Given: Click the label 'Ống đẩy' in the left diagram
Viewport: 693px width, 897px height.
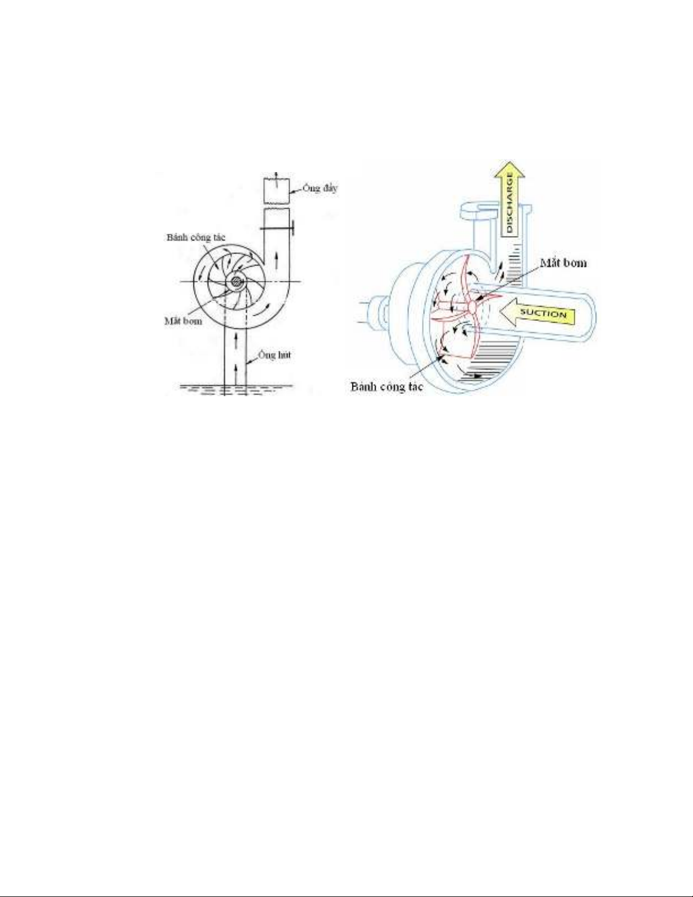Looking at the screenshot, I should (x=320, y=188).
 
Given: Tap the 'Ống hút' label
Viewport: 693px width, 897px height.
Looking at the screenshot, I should (x=274, y=355).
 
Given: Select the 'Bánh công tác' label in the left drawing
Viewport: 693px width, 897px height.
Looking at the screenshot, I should (x=196, y=237).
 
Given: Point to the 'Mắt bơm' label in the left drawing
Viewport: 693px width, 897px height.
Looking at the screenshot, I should (x=183, y=321).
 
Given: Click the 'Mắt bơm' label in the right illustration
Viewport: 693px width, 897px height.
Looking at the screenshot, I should (x=563, y=263).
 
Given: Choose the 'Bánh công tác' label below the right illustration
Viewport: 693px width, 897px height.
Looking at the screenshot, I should (x=386, y=388).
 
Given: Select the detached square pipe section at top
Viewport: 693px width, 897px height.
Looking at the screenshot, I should (x=276, y=191).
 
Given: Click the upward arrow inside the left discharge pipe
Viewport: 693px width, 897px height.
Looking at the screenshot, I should (x=276, y=261).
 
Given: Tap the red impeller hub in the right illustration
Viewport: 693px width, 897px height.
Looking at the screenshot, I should (x=471, y=304).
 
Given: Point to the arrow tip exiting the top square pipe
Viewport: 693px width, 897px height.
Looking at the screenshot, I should (x=276, y=172).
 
